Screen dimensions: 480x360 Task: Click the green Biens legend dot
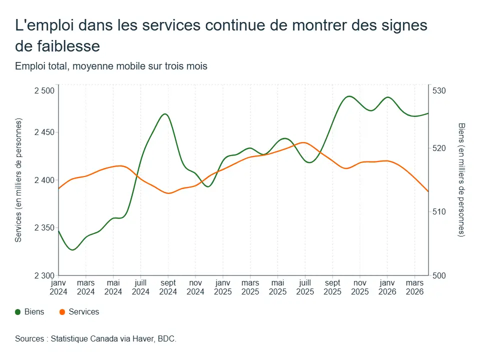(18, 312)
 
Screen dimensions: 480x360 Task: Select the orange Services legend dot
(62, 312)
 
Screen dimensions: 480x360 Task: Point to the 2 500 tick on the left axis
(44, 90)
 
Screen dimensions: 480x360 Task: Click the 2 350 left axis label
(44, 228)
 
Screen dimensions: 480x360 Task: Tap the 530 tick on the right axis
(439, 90)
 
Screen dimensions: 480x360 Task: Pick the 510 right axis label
(439, 211)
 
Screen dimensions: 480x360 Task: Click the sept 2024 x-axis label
(168, 287)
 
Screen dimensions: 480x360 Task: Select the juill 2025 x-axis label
(305, 287)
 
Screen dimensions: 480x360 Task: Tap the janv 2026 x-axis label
(387, 287)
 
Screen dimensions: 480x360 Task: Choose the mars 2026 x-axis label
(415, 287)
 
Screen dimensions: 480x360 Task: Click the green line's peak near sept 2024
(165, 114)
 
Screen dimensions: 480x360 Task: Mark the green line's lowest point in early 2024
(72, 250)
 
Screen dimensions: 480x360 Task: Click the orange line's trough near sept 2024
(168, 193)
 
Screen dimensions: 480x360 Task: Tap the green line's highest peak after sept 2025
(349, 96)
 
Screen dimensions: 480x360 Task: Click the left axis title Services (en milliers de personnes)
(18, 180)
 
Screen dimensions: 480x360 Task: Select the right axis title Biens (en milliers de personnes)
(461, 179)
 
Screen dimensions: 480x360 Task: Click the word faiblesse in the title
(68, 46)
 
